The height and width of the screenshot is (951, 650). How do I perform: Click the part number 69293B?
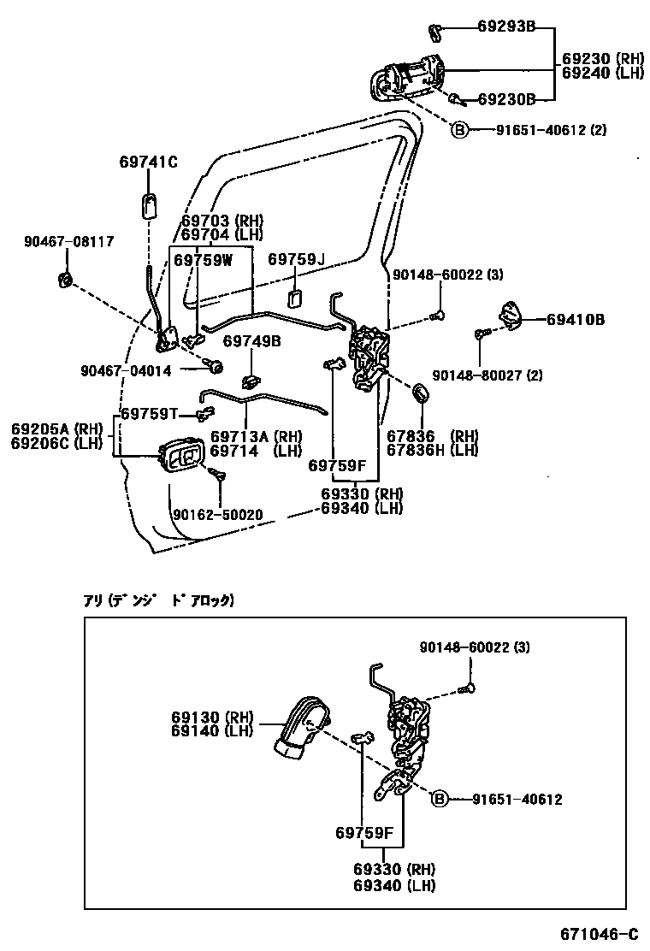pyautogui.click(x=506, y=27)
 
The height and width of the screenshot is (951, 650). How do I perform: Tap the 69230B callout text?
pyautogui.click(x=506, y=99)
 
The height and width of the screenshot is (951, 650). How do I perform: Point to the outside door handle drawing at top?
pyautogui.click(x=408, y=77)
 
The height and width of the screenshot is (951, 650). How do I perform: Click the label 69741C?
pyautogui.click(x=148, y=162)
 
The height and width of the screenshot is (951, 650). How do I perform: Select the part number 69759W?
pyautogui.click(x=203, y=259)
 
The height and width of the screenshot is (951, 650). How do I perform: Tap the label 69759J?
pyautogui.click(x=297, y=259)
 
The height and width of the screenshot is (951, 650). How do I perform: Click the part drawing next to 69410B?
pyautogui.click(x=511, y=316)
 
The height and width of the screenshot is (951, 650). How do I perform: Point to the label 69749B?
pyautogui.click(x=252, y=341)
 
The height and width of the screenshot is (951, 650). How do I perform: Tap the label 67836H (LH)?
pyautogui.click(x=432, y=450)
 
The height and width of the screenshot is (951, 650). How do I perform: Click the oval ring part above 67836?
pyautogui.click(x=422, y=393)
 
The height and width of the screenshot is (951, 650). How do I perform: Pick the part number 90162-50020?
pyautogui.click(x=217, y=515)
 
